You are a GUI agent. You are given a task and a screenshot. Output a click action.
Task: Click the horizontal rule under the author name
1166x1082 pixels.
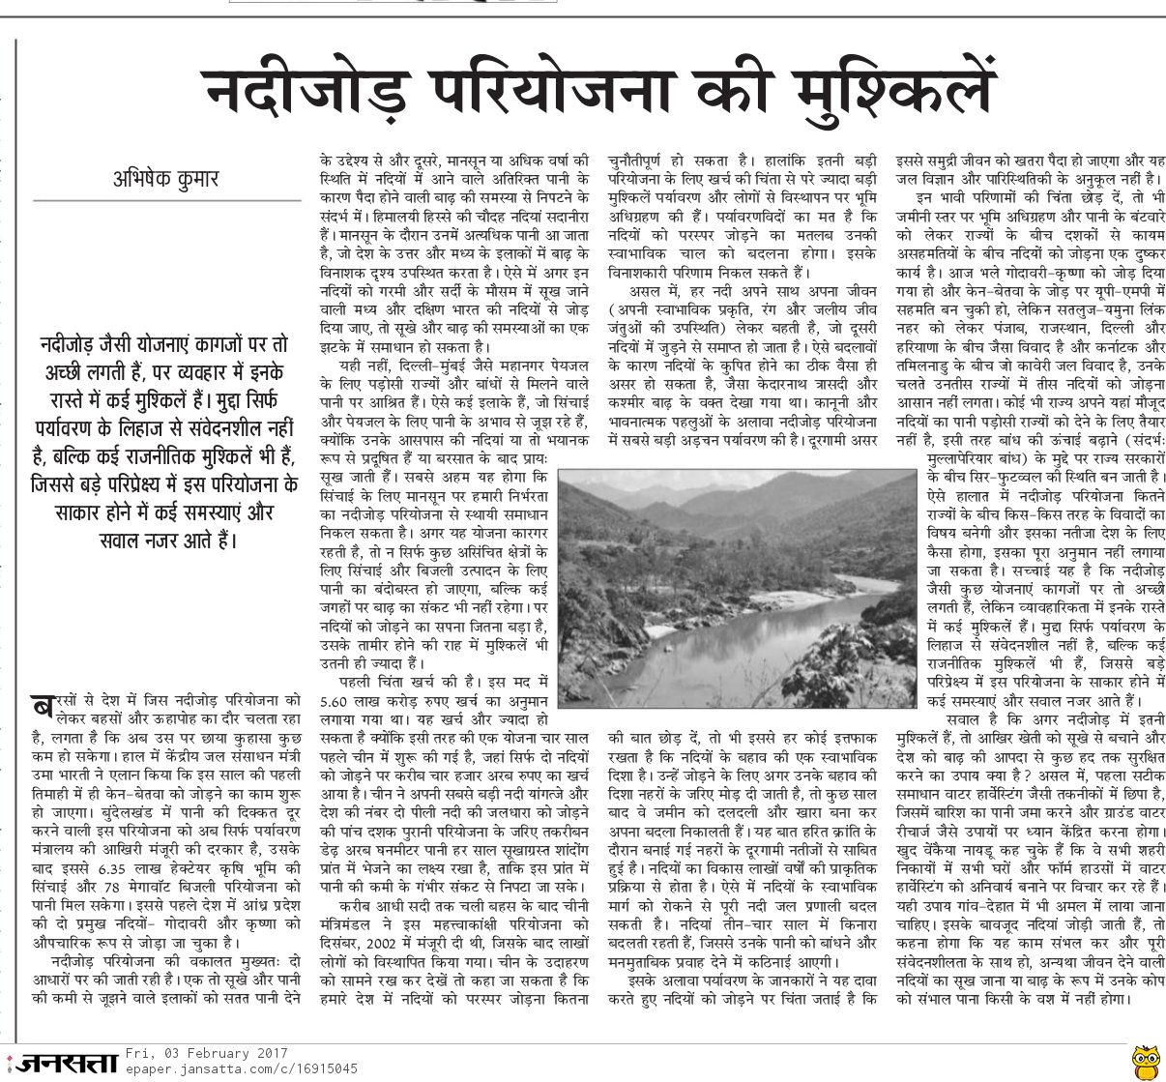[x=165, y=200]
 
